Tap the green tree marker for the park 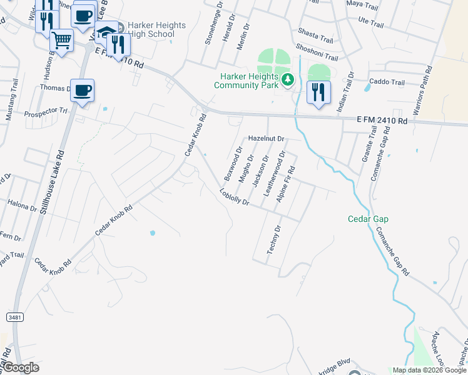288,79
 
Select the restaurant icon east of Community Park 318,92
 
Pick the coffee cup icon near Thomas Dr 82,91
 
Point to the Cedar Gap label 369,219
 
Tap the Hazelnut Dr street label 266,138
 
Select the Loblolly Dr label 235,197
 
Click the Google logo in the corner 20,367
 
